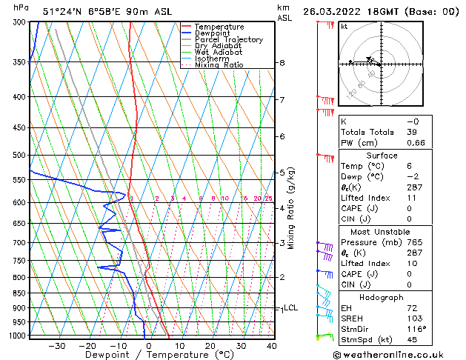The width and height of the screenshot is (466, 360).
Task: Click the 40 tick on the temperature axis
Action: pos(271,346)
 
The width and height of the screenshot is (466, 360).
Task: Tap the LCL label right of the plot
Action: pos(290,308)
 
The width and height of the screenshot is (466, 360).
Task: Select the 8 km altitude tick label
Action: pos(282,63)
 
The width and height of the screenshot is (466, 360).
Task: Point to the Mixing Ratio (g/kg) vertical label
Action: pos(291,207)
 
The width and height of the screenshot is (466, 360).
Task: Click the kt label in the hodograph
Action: pos(344,26)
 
